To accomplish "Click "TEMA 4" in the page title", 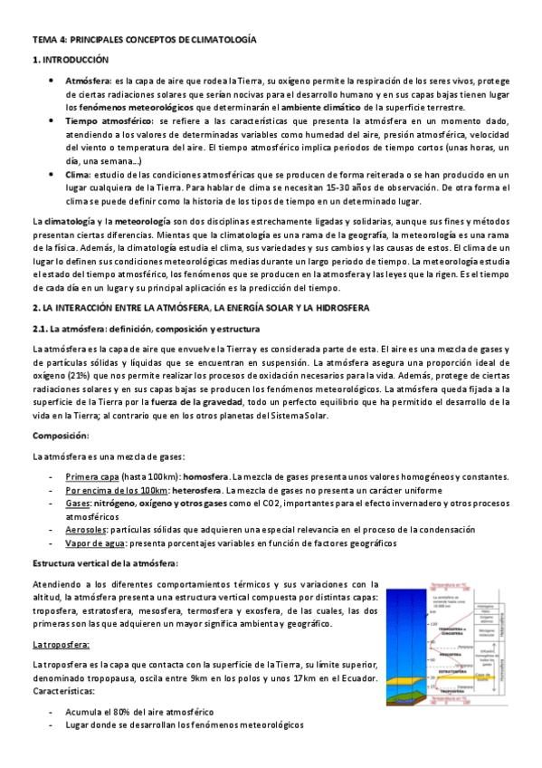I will click(x=47, y=41).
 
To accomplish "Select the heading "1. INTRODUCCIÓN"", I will click(x=70, y=60).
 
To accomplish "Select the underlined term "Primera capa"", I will click(x=92, y=477).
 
